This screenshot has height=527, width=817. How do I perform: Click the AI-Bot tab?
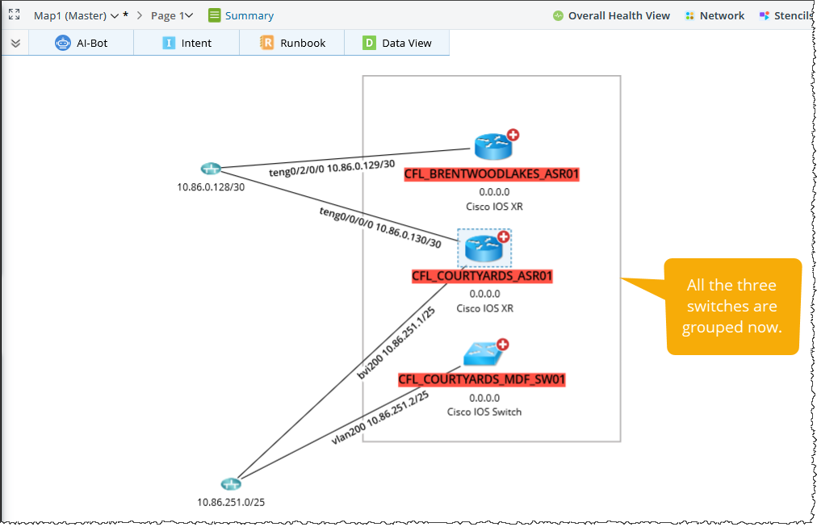tap(81, 43)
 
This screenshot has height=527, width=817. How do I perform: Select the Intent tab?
tap(187, 43)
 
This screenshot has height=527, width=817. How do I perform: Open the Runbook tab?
tap(292, 43)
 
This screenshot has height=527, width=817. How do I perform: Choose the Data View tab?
tap(397, 43)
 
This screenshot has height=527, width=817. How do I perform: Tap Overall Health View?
tap(611, 15)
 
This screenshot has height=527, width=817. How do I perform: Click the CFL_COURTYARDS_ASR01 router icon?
tap(484, 248)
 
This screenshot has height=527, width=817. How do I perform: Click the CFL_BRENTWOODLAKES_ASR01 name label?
tap(492, 174)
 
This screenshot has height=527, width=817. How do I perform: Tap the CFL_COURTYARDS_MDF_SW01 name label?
tap(482, 379)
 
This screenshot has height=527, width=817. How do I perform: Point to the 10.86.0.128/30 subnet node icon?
tap(210, 169)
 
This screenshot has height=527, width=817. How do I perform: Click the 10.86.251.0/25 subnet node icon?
tap(231, 484)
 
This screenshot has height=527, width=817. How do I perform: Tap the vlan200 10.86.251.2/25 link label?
tap(379, 417)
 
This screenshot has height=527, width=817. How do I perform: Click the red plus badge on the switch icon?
tap(502, 344)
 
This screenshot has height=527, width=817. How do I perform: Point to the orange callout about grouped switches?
tap(731, 306)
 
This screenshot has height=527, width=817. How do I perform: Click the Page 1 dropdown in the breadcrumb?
tap(172, 15)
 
